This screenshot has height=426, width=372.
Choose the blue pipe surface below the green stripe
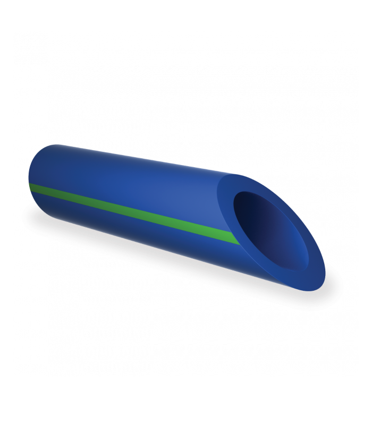click(133, 234)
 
